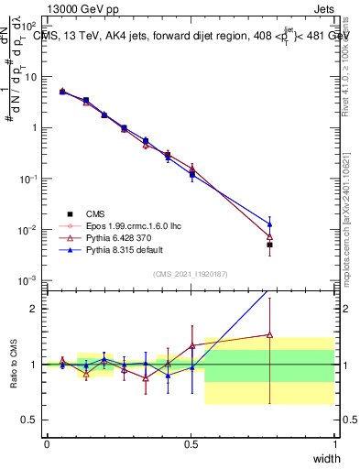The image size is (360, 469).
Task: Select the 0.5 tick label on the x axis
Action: (191, 444)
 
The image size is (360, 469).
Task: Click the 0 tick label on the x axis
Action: (48, 444)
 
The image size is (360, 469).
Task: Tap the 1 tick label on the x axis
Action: (334, 444)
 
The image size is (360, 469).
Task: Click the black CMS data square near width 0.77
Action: (269, 245)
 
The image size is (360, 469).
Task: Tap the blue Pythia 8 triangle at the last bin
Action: (269, 223)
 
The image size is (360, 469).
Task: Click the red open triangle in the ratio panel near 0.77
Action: (269, 334)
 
